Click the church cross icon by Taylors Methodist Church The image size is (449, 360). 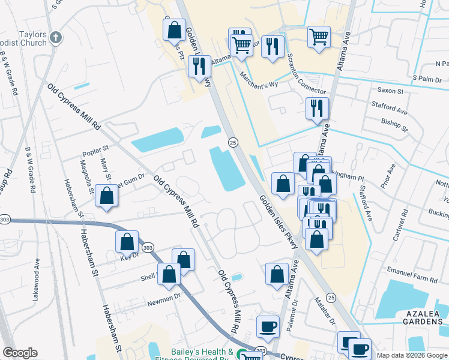56,38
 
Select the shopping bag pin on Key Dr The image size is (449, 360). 127,242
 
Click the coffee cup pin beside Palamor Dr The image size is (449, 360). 268,327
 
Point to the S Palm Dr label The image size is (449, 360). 427,79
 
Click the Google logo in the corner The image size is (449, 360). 20,353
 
